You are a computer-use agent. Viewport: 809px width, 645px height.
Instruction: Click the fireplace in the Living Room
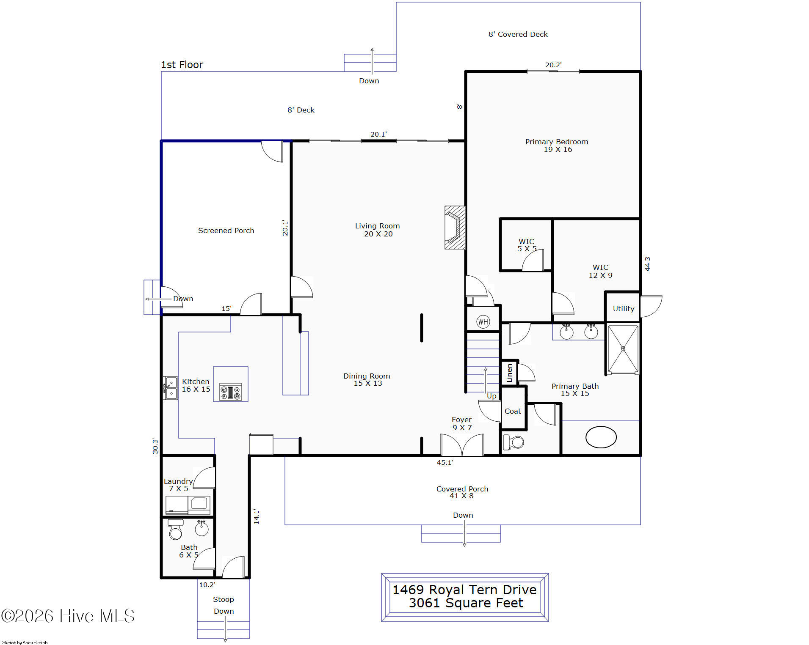click(455, 228)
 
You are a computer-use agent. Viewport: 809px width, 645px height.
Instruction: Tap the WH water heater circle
click(483, 322)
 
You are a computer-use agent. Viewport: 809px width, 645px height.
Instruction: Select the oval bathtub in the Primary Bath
click(601, 437)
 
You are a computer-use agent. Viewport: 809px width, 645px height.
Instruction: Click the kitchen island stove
click(231, 392)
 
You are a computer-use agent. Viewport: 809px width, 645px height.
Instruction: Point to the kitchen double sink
click(171, 388)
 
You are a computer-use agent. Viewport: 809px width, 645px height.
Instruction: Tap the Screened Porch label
click(226, 231)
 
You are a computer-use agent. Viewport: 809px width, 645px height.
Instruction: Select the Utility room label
click(624, 309)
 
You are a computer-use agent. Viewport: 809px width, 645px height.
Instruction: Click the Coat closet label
click(513, 411)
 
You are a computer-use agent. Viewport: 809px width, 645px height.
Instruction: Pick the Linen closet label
click(509, 373)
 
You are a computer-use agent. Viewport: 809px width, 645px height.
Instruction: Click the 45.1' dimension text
click(445, 463)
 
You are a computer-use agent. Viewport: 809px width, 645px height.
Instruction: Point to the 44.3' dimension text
click(647, 263)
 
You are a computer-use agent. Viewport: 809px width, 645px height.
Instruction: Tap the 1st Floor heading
click(182, 65)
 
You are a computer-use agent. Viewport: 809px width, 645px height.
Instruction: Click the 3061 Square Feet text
click(466, 603)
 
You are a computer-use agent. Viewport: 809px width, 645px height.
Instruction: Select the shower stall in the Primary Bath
click(623, 349)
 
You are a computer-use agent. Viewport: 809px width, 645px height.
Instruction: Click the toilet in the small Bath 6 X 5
click(175, 530)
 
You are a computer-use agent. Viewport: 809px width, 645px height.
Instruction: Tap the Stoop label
click(223, 599)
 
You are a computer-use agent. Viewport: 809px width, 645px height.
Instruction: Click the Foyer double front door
click(462, 445)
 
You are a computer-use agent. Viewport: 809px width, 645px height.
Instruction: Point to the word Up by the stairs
click(491, 396)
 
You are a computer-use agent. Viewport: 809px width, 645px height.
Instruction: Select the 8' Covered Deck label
click(518, 34)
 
